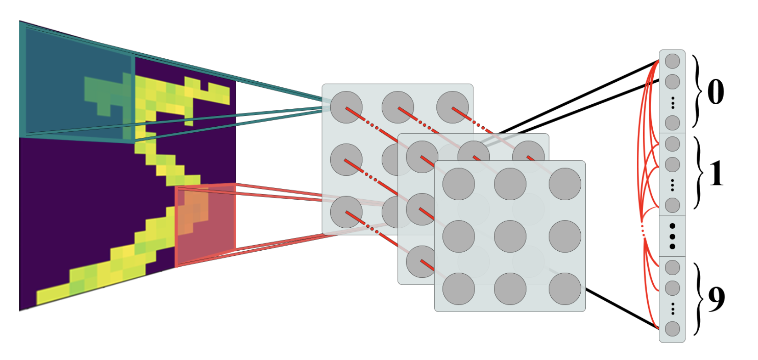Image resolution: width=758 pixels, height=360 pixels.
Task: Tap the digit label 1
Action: click(x=716, y=174)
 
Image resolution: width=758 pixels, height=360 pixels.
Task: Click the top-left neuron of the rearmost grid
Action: click(x=346, y=107)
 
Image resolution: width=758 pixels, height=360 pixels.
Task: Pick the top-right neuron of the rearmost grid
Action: click(x=453, y=107)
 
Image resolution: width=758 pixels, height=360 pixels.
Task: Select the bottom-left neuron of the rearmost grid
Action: click(x=346, y=212)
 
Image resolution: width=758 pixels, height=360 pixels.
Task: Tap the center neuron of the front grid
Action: click(x=510, y=236)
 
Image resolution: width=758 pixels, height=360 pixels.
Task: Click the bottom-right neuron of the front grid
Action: click(x=565, y=289)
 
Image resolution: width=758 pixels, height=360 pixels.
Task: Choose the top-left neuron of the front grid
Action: click(x=458, y=184)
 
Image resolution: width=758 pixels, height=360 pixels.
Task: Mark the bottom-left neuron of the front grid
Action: click(x=458, y=289)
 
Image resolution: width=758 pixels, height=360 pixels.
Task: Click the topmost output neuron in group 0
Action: click(x=672, y=61)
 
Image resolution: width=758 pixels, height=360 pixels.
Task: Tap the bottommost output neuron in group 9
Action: click(x=672, y=329)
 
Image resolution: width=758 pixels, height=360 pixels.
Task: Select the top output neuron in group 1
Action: click(x=672, y=144)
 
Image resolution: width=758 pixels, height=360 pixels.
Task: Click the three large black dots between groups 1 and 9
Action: click(x=673, y=236)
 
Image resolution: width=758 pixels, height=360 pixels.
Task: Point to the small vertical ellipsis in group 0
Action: click(x=673, y=103)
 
